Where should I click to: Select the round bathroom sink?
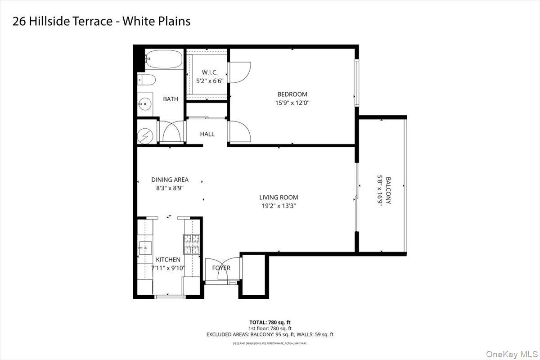(145, 104)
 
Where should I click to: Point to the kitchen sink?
(145, 246)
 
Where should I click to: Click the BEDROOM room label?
(292, 94)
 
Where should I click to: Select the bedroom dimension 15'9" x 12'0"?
(292, 103)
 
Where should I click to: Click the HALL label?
(207, 134)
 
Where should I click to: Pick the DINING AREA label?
(170, 180)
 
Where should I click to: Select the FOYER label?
(221, 268)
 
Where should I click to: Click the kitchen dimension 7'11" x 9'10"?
(168, 268)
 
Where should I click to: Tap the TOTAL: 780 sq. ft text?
(270, 322)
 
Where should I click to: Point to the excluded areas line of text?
(270, 334)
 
